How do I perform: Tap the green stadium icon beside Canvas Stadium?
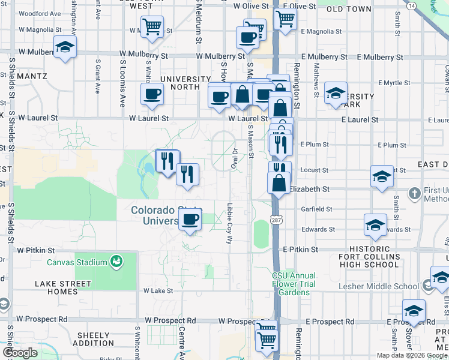point(116,261)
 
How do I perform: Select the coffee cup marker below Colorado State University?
point(190,220)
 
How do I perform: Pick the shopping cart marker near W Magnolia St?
point(152,27)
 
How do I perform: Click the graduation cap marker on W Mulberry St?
point(65,47)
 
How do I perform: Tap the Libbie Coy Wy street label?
point(229,224)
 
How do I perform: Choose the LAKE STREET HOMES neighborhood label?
point(62,287)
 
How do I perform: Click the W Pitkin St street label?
point(36,250)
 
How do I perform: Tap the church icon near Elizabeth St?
point(414,193)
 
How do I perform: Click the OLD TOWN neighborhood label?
point(349,9)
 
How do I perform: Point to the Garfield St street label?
point(316,209)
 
